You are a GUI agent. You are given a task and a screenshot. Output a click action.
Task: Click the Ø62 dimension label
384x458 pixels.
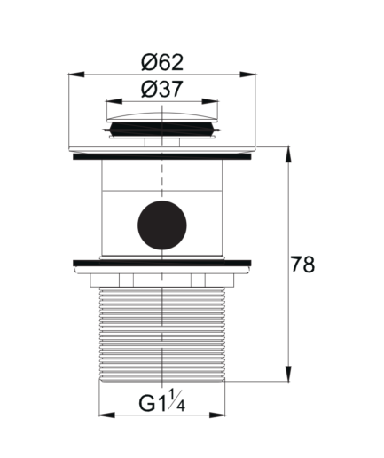click(162, 62)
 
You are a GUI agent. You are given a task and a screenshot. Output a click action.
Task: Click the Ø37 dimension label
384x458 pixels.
click(162, 89)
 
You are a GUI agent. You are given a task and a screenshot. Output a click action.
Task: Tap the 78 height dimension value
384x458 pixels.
click(302, 265)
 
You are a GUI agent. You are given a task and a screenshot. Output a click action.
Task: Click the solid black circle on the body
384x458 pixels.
click(162, 225)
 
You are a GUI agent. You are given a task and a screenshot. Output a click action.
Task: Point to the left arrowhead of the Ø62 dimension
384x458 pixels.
click(76, 75)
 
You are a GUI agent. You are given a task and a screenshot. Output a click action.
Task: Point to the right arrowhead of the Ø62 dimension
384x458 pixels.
click(247, 75)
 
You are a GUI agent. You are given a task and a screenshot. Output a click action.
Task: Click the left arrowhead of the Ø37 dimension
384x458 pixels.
click(114, 101)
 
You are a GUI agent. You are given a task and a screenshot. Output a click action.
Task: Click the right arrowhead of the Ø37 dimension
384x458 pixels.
click(210, 101)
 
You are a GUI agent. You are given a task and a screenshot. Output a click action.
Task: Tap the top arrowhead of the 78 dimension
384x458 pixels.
click(288, 154)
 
